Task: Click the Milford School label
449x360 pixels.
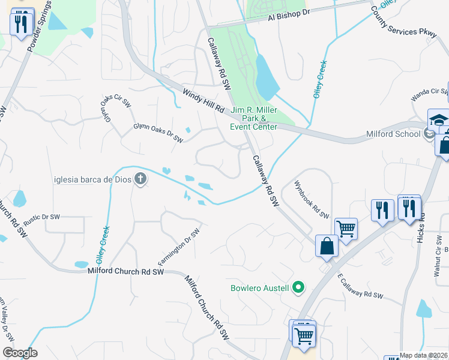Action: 394,134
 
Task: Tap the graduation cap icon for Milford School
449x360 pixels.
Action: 438,119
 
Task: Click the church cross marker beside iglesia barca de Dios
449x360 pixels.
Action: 140,178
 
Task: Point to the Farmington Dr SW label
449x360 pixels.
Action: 178,247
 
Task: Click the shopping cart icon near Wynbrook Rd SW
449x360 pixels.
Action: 346,228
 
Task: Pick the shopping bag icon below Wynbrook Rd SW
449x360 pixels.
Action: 326,246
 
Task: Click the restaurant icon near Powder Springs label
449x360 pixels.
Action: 21,23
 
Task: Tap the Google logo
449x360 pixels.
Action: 20,353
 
